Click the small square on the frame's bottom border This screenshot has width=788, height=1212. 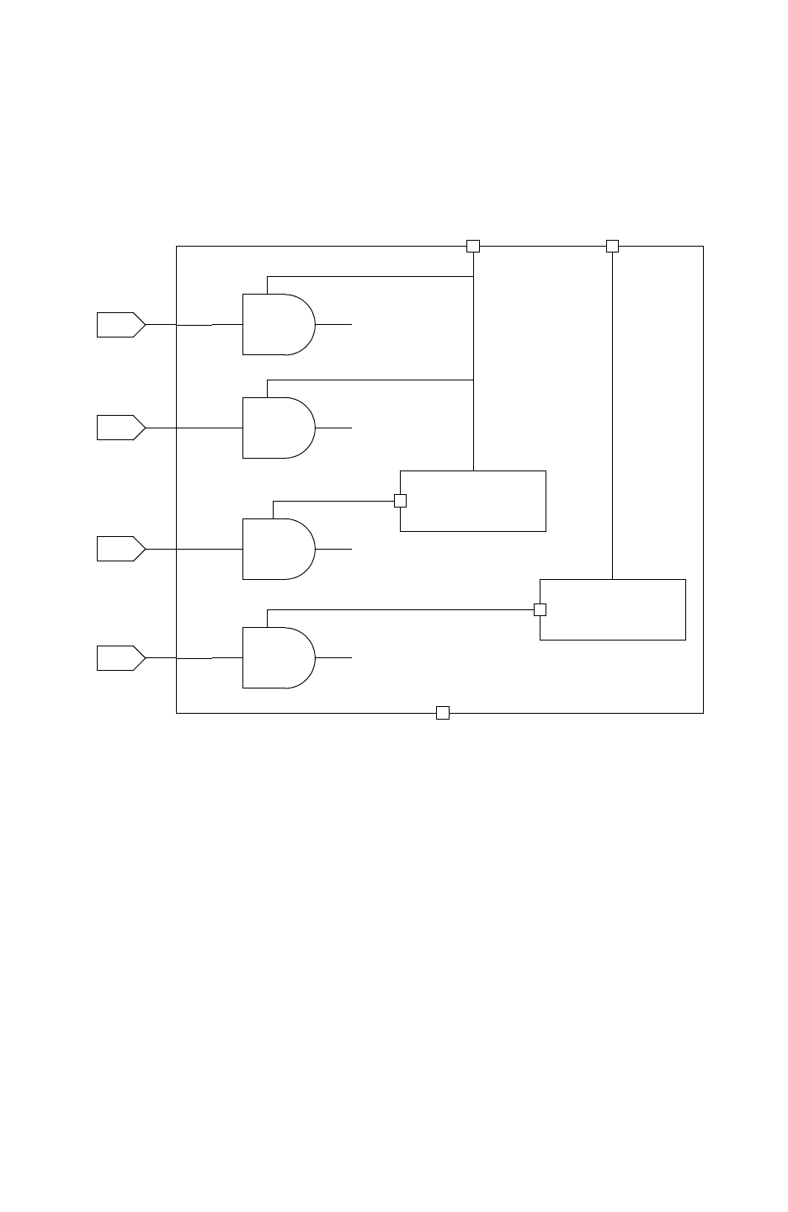click(443, 713)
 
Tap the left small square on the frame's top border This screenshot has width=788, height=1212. click(473, 246)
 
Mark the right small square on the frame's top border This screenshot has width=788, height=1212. click(612, 246)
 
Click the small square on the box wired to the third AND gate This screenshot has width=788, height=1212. click(401, 501)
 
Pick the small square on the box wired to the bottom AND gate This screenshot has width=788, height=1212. click(540, 609)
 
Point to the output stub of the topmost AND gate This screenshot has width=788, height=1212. click(334, 324)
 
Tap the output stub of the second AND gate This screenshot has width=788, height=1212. click(334, 428)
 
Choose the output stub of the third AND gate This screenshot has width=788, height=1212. click(334, 549)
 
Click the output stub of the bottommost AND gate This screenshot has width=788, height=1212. click(334, 657)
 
